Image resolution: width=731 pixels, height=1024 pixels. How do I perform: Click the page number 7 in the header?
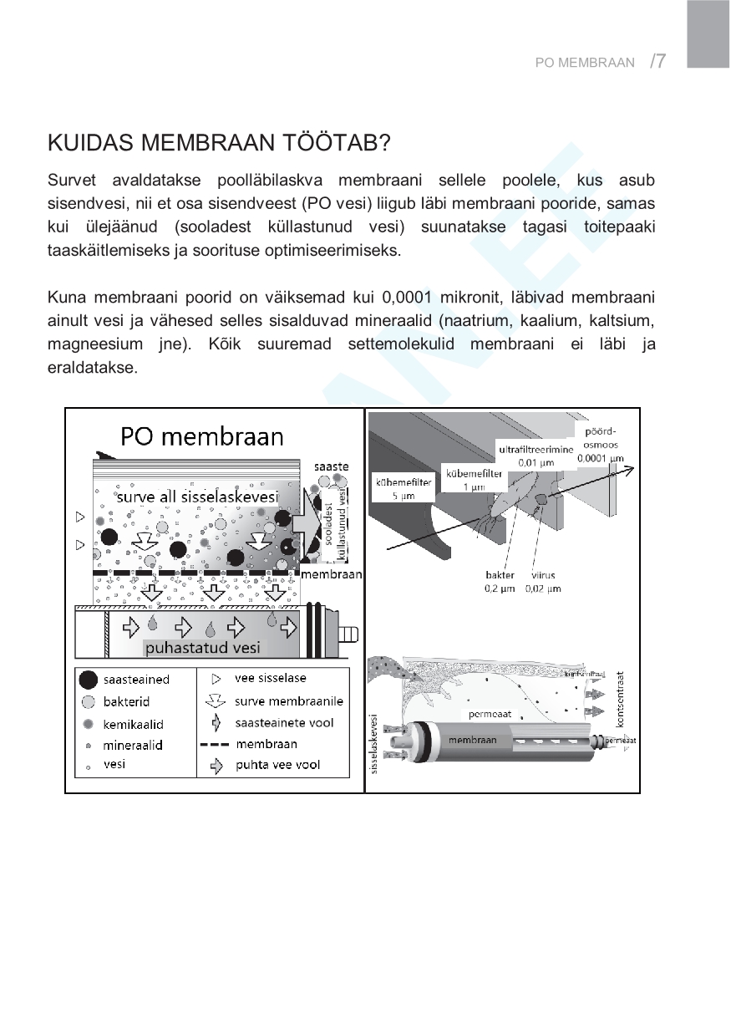[660, 61]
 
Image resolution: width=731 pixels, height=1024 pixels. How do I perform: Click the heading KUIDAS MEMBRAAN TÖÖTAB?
[219, 143]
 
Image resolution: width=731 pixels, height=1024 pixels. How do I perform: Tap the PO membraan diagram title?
[202, 436]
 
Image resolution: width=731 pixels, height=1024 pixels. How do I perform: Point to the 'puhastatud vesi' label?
[202, 648]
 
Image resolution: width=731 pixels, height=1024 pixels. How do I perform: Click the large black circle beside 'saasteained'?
[88, 680]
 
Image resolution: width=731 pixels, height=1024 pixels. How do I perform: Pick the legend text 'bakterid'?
[126, 701]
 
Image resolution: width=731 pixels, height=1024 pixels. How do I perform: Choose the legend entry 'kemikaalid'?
[133, 723]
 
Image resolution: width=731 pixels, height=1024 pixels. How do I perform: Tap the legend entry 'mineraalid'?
[132, 744]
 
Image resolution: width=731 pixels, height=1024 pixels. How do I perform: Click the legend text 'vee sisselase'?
[270, 678]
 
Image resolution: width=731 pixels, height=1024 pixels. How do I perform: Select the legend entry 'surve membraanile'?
[289, 700]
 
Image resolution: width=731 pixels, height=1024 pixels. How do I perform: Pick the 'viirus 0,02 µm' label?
[543, 582]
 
